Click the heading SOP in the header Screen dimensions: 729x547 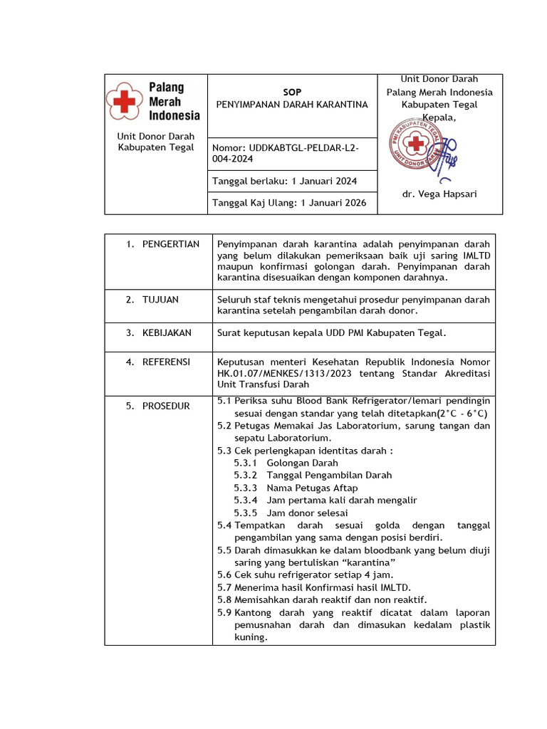[292, 93]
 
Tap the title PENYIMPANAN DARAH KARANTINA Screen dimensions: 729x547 [292, 105]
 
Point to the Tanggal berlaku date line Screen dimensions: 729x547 [285, 182]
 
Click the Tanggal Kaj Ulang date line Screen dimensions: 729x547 [289, 203]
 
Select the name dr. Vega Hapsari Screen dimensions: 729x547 [439, 194]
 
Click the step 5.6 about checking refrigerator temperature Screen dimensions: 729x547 [305, 575]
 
